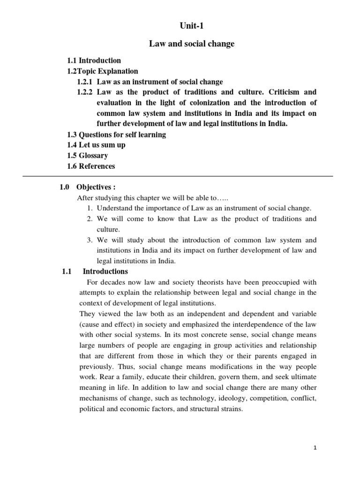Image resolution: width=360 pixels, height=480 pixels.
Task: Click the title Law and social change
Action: [x=192, y=44]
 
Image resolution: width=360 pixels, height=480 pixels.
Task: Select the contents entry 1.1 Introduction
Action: [x=94, y=60]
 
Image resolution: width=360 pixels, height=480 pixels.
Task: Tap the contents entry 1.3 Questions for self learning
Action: [x=117, y=135]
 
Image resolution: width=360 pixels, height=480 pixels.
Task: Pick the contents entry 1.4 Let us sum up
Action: [x=97, y=145]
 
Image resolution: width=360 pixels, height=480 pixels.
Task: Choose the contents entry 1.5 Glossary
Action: [x=88, y=155]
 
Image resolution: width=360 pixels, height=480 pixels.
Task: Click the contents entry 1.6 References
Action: [x=91, y=166]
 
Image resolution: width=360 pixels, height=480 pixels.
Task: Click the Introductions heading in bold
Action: [x=105, y=271]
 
